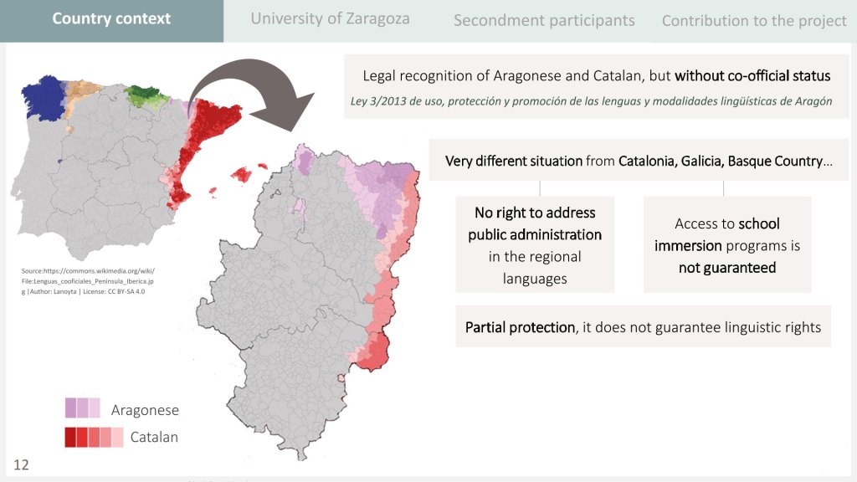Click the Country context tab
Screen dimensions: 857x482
(x=111, y=18)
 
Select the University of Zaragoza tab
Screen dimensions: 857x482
(x=330, y=18)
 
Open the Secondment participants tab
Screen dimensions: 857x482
(x=544, y=21)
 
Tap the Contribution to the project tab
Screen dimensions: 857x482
(x=754, y=21)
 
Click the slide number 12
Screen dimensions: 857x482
(x=21, y=464)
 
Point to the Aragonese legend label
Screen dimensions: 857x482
(x=145, y=410)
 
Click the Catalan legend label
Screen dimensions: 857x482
(x=154, y=437)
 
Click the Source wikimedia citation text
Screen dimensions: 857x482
(x=88, y=281)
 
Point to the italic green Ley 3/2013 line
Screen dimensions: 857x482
(x=591, y=101)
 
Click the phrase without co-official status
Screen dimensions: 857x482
(x=752, y=75)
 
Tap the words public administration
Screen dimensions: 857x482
(x=535, y=234)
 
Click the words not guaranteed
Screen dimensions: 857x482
(x=727, y=267)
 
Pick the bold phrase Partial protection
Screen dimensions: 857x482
(x=520, y=327)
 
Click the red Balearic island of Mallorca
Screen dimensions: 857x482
(x=241, y=175)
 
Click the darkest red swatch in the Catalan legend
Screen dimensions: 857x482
(x=70, y=437)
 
